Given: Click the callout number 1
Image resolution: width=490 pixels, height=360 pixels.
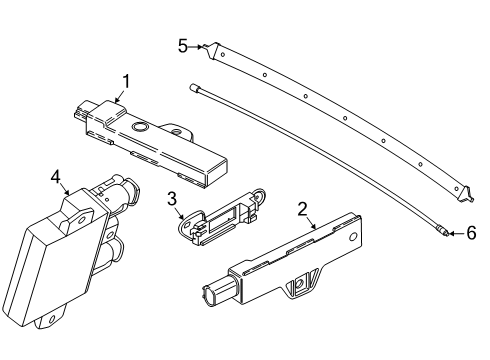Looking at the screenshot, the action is (126, 82).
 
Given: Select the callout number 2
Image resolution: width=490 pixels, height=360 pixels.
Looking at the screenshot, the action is (302, 209).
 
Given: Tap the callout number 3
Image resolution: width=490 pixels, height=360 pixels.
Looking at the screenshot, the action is (172, 199).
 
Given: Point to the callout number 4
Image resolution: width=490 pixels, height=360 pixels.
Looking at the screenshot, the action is (56, 177).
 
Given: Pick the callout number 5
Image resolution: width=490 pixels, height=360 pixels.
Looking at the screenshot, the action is (183, 46).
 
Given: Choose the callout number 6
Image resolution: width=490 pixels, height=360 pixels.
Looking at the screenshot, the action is (471, 233).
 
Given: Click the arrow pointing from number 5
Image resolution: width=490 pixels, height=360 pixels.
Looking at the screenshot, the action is (195, 47).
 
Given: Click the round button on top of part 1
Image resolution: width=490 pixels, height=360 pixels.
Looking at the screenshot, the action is (140, 126).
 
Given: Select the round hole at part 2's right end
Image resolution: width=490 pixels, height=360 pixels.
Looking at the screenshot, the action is (353, 237).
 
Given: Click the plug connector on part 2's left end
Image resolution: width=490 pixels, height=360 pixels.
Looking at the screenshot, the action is (218, 289).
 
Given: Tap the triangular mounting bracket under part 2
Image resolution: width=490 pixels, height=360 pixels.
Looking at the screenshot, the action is (302, 283).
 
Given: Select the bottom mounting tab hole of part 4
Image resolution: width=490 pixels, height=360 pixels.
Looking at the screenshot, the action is (52, 320).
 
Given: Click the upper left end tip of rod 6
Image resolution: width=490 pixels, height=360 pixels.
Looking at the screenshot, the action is (193, 87).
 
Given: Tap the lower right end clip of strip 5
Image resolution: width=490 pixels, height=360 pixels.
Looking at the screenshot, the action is (465, 195).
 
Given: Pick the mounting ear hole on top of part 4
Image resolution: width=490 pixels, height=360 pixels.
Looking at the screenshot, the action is (80, 220).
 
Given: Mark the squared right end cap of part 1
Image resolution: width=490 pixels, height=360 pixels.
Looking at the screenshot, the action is (216, 173).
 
